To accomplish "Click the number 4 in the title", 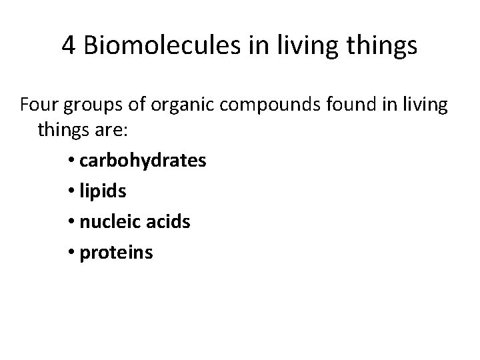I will tap(69, 47).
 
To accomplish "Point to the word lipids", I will tap(102, 191).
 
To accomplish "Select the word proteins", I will tap(116, 253).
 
